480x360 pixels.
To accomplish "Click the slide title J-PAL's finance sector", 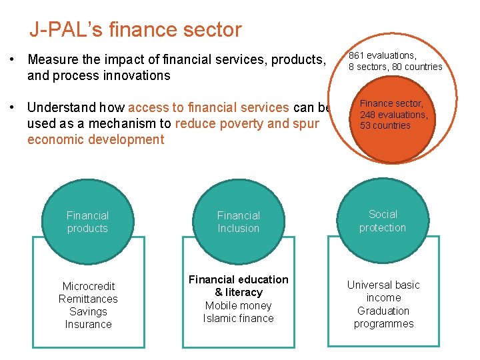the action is pyautogui.click(x=135, y=30).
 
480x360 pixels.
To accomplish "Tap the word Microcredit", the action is pyautogui.click(x=88, y=286).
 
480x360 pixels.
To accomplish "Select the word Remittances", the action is pyautogui.click(x=88, y=299).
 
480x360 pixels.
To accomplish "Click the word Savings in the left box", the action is pyautogui.click(x=88, y=311).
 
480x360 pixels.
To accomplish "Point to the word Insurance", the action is pyautogui.click(x=88, y=324).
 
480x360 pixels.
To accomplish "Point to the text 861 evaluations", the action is pyautogui.click(x=383, y=55).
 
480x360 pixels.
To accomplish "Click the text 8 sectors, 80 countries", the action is pyautogui.click(x=396, y=67).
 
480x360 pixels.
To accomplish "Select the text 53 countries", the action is pyautogui.click(x=385, y=125).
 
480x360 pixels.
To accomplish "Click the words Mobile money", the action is pyautogui.click(x=239, y=305).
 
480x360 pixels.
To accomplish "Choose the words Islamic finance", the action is pyautogui.click(x=239, y=318).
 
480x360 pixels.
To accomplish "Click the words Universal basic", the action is pyautogui.click(x=383, y=285).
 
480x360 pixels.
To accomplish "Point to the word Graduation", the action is pyautogui.click(x=383, y=311).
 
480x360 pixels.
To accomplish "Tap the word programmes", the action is pyautogui.click(x=383, y=323).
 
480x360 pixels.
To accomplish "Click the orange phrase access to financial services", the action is pyautogui.click(x=209, y=107).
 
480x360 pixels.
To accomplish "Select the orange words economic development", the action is pyautogui.click(x=95, y=139).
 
